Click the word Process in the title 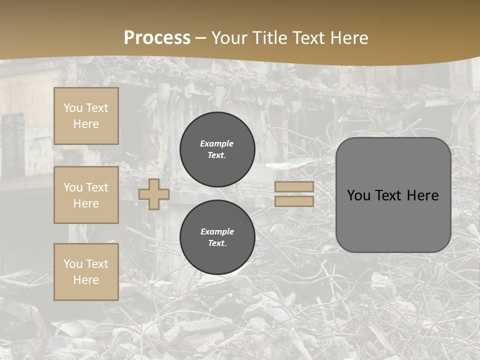[157, 38]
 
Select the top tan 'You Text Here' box [86, 116]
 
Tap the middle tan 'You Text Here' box [86, 195]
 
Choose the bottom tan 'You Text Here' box [86, 271]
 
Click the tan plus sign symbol [154, 194]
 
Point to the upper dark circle [217, 149]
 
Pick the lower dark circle [217, 237]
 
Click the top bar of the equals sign [294, 187]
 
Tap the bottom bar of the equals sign [294, 201]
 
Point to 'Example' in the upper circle [217, 143]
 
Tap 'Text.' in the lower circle [217, 243]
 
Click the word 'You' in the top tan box [73, 108]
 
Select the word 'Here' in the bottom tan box [86, 280]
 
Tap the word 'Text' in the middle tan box [96, 187]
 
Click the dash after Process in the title [201, 38]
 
